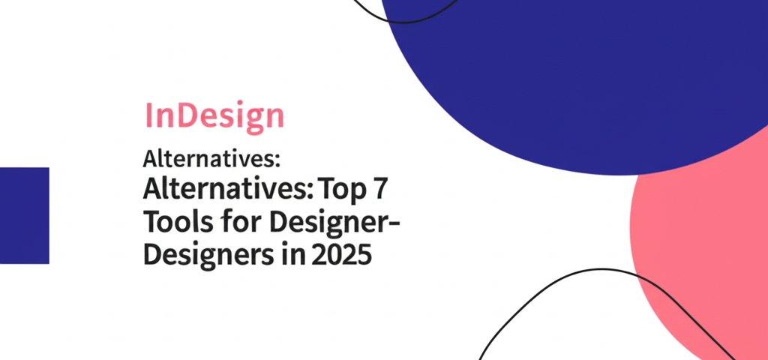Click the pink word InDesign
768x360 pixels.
coord(214,116)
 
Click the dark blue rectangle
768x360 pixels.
coord(24,215)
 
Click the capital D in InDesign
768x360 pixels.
coord(184,116)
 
